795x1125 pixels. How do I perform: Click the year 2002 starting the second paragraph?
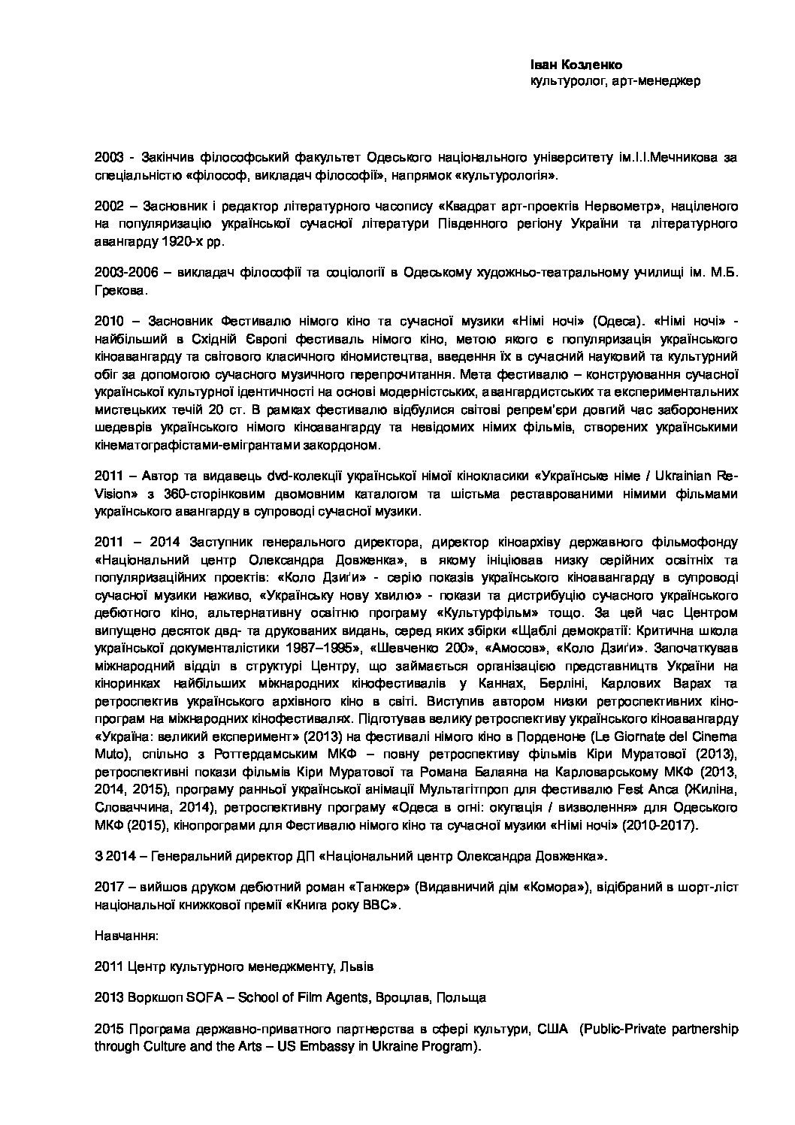click(x=110, y=206)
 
